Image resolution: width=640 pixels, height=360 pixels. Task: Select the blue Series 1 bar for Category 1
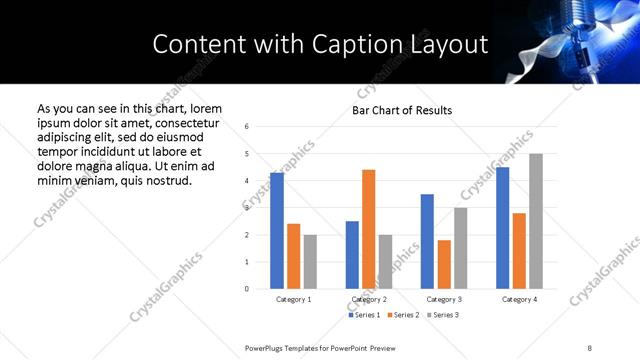pos(277,231)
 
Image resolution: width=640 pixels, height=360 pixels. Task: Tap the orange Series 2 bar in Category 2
pos(368,229)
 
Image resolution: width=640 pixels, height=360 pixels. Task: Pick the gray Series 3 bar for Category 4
pos(536,221)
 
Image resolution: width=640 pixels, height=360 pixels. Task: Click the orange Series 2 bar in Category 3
pos(444,264)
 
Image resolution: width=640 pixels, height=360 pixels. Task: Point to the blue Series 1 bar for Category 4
pos(502,228)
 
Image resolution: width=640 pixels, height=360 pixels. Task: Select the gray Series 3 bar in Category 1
pos(310,262)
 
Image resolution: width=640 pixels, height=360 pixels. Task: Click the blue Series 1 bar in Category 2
pos(352,255)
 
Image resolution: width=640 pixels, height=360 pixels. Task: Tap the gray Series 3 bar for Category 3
pos(460,248)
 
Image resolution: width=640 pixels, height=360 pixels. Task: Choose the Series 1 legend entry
pos(364,315)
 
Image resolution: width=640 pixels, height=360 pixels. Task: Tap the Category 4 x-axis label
pos(519,299)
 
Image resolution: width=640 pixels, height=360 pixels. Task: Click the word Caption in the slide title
pos(368,45)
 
